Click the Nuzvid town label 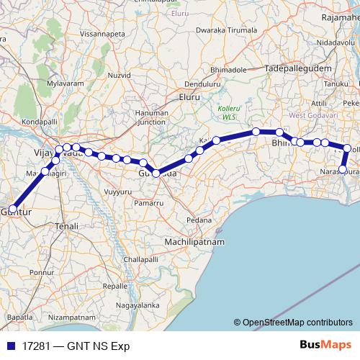[x=120, y=74]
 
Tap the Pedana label [x=199, y=220]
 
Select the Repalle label [x=115, y=286]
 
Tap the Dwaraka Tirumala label [x=226, y=31]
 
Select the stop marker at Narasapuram [x=343, y=170]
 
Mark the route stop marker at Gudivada [x=156, y=174]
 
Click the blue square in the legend [x=10, y=346]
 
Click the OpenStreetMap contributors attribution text [x=296, y=323]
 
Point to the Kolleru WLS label [x=228, y=112]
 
